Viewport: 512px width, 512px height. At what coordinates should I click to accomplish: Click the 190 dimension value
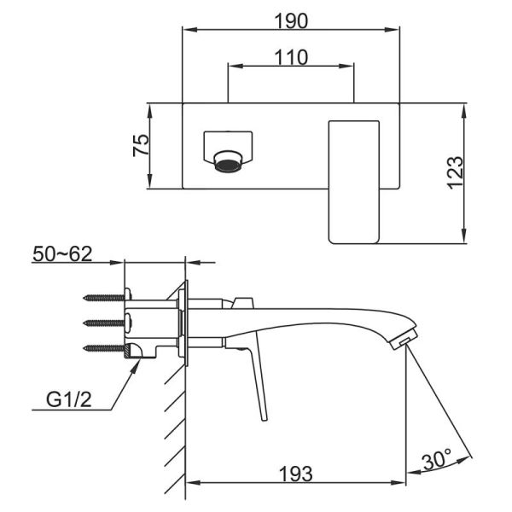click(x=291, y=20)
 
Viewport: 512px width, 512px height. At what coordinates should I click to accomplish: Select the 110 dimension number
click(x=291, y=57)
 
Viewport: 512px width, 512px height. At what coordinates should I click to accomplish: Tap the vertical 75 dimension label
click(x=141, y=145)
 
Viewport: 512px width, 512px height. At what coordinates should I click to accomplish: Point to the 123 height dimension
click(x=455, y=172)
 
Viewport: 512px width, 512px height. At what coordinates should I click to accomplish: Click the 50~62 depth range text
click(x=62, y=254)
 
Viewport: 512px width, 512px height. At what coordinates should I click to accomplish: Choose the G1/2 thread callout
click(x=69, y=399)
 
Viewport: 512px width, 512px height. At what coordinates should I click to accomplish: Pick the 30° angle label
click(x=437, y=459)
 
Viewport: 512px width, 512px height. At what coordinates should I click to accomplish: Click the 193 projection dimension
click(x=296, y=474)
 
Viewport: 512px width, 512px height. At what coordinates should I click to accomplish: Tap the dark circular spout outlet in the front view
click(x=228, y=165)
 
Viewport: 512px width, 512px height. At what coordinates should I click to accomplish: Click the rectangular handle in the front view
click(x=353, y=183)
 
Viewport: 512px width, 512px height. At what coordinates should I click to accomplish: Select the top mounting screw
click(x=104, y=298)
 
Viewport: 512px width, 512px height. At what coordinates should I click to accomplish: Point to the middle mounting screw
click(x=104, y=323)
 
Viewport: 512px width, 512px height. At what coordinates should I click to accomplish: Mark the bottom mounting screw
click(x=104, y=348)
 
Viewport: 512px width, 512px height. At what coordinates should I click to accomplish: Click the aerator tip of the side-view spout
click(x=404, y=340)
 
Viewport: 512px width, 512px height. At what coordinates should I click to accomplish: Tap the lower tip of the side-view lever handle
click(x=265, y=420)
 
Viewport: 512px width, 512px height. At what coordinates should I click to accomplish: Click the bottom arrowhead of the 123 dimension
click(x=464, y=236)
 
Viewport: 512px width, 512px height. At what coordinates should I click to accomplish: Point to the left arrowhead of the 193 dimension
click(x=193, y=482)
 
